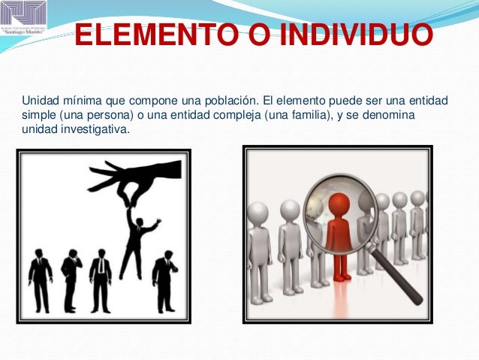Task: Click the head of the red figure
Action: pos(339,204)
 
